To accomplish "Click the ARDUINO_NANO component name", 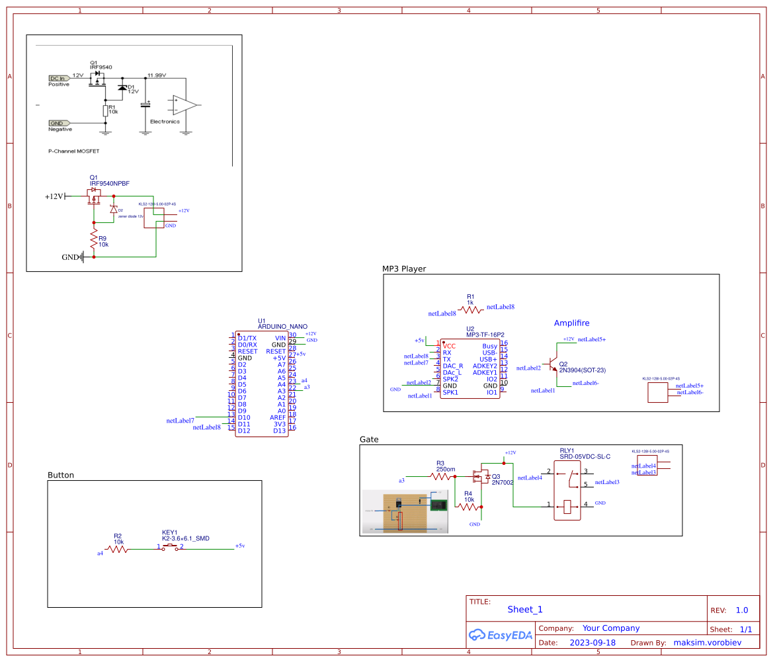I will point(282,327).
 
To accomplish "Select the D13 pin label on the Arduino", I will point(280,431).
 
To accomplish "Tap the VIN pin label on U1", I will point(280,338).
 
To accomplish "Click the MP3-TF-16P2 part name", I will point(485,335).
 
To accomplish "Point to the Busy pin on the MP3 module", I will point(489,346).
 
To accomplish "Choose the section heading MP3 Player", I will point(404,269).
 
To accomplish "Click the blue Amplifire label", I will point(571,323).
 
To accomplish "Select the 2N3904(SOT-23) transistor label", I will point(582,370).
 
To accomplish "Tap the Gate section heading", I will point(369,439).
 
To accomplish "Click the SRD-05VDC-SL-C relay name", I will point(585,456).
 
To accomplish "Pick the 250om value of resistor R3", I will point(446,469).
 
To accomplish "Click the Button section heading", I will point(61,475).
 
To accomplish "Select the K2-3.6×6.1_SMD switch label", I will point(185,539).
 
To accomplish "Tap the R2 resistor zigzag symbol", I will point(117,548).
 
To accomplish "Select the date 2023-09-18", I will point(592,642).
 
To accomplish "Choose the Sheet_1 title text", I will point(524,610).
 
